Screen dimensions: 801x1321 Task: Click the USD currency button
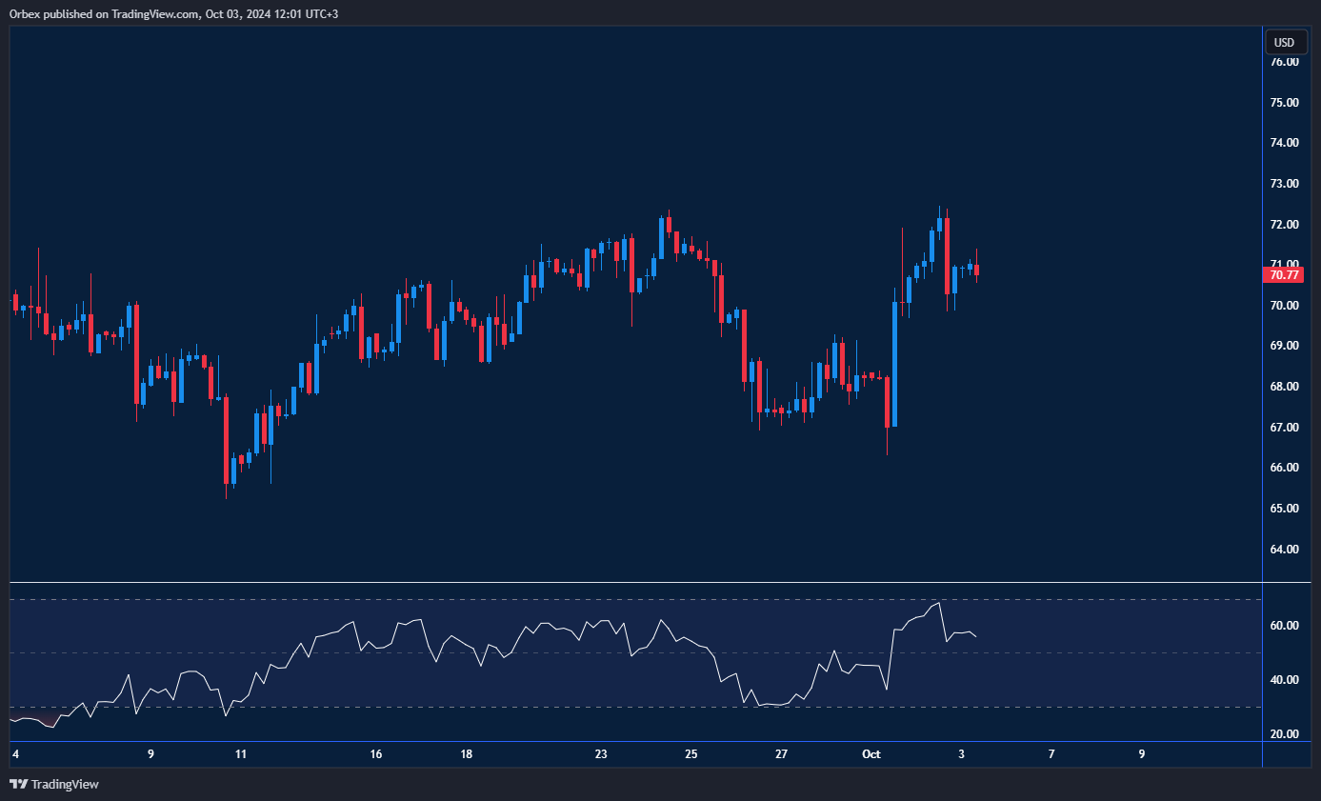[x=1285, y=42]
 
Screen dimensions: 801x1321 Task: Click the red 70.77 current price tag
[x=1282, y=275]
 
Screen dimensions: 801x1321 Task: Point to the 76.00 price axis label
[x=1284, y=62]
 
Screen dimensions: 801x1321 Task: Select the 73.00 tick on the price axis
[x=1284, y=184]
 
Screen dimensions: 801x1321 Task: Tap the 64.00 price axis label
[x=1284, y=550]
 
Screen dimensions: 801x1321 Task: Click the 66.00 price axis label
[x=1284, y=468]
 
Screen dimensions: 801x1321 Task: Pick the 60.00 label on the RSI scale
[x=1284, y=626]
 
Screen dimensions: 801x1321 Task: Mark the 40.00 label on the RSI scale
[x=1284, y=680]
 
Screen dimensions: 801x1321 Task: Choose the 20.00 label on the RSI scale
[x=1284, y=734]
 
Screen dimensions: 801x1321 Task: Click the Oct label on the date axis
[x=871, y=754]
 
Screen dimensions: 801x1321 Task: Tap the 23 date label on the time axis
[x=601, y=754]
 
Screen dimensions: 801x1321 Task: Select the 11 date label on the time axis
[x=241, y=754]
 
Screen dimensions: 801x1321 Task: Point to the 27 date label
[x=781, y=754]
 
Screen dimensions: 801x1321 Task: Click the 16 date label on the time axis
[x=376, y=754]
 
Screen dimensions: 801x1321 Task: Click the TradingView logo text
[x=65, y=785]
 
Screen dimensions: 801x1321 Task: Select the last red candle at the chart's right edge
[x=976, y=271]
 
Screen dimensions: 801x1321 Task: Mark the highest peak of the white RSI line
[x=939, y=602]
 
